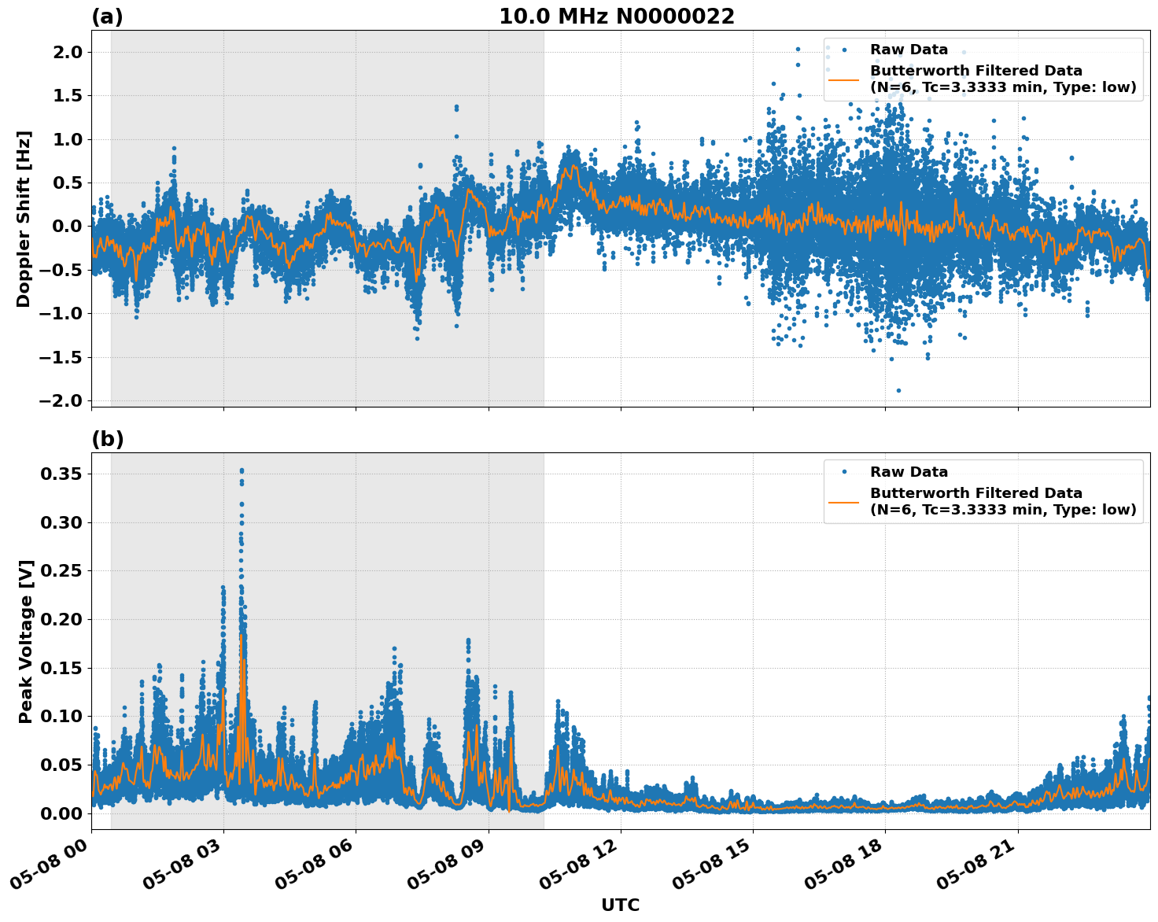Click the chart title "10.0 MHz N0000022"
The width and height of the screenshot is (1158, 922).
(x=617, y=17)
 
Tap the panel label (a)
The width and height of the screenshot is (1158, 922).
(x=107, y=17)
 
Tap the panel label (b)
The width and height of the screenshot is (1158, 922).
(x=107, y=439)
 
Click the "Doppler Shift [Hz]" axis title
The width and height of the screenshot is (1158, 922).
(x=24, y=219)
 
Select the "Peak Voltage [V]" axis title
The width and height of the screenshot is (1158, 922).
(x=26, y=641)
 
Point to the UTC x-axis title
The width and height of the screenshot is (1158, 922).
(x=620, y=905)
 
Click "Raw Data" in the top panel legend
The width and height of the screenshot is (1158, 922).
(x=909, y=50)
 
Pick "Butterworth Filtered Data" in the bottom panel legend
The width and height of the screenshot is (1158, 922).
(x=975, y=493)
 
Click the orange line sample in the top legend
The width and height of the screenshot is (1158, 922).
(x=843, y=79)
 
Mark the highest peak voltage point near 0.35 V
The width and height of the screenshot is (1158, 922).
(x=242, y=470)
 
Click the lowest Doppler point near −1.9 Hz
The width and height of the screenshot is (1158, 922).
(x=898, y=390)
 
